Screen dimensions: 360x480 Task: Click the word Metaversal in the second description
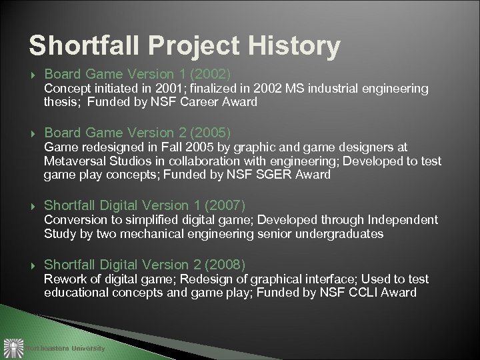(72, 162)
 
